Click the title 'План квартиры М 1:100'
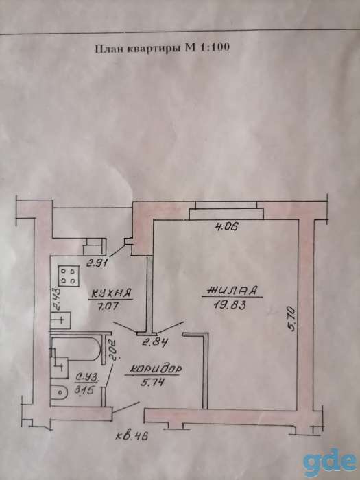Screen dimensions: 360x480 163,49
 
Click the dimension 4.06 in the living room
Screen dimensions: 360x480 226,227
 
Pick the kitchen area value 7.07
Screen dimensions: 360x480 105,306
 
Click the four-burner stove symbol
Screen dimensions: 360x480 69,276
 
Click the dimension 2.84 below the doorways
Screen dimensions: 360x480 156,342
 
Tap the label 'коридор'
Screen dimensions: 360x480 155,370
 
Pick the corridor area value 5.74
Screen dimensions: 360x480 152,382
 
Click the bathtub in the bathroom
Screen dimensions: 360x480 75,350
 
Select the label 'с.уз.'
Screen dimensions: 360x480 87,379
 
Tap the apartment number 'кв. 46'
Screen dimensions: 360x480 132,435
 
